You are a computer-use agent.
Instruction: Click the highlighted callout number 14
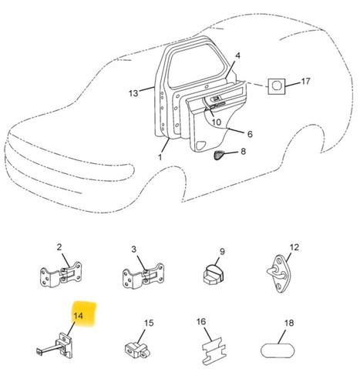[79, 316]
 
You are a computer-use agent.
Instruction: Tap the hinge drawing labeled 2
[61, 275]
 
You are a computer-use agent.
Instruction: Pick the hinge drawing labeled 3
[143, 276]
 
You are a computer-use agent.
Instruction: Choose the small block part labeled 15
[137, 350]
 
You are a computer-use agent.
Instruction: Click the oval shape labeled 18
[278, 350]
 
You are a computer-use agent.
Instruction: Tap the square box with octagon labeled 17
[277, 86]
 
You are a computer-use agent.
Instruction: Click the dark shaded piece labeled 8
[218, 155]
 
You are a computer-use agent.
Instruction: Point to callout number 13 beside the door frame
[133, 93]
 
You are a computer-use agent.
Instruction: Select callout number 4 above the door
[237, 55]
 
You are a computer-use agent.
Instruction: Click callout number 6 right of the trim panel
[250, 134]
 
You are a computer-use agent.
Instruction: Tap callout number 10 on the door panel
[217, 122]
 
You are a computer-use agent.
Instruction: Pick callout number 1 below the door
[160, 157]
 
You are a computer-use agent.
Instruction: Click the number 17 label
[305, 82]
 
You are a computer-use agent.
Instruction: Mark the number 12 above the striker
[294, 247]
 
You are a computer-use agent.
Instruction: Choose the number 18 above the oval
[289, 323]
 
